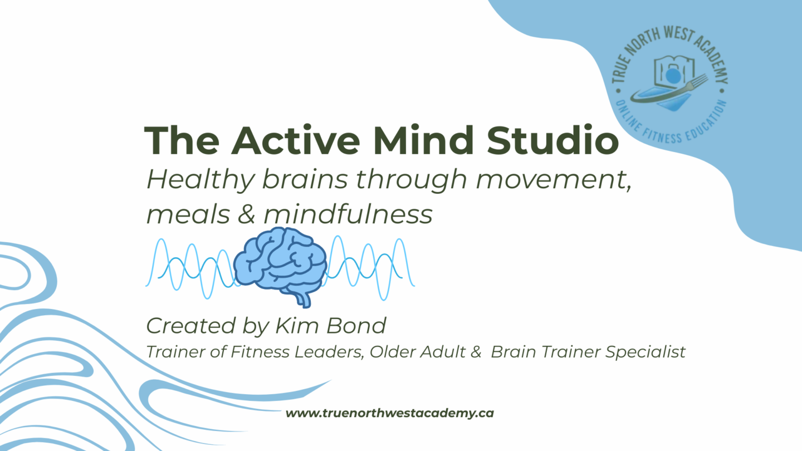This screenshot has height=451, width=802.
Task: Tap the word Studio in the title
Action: click(x=553, y=140)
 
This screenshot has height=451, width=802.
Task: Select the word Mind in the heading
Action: click(x=423, y=140)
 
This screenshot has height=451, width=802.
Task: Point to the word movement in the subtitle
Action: click(x=554, y=180)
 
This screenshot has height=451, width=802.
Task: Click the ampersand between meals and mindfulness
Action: click(x=246, y=214)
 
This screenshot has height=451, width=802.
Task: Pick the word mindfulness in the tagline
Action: click(x=348, y=213)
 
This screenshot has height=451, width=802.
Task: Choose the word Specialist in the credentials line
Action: click(x=645, y=352)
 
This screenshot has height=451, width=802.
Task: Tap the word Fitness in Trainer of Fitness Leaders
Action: click(x=260, y=352)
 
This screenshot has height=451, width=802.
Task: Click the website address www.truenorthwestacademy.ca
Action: click(x=390, y=413)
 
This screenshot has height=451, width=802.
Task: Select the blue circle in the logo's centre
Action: click(x=673, y=76)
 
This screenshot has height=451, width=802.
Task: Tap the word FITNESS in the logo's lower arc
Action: click(x=662, y=136)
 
